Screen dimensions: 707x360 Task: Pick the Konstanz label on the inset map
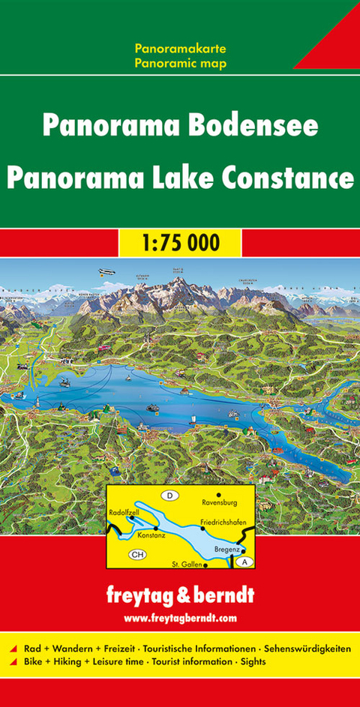pos(151,537)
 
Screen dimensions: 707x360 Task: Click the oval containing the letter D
pos(170,496)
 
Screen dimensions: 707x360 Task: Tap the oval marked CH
pos(136,555)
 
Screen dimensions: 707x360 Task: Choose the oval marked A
pos(248,562)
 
